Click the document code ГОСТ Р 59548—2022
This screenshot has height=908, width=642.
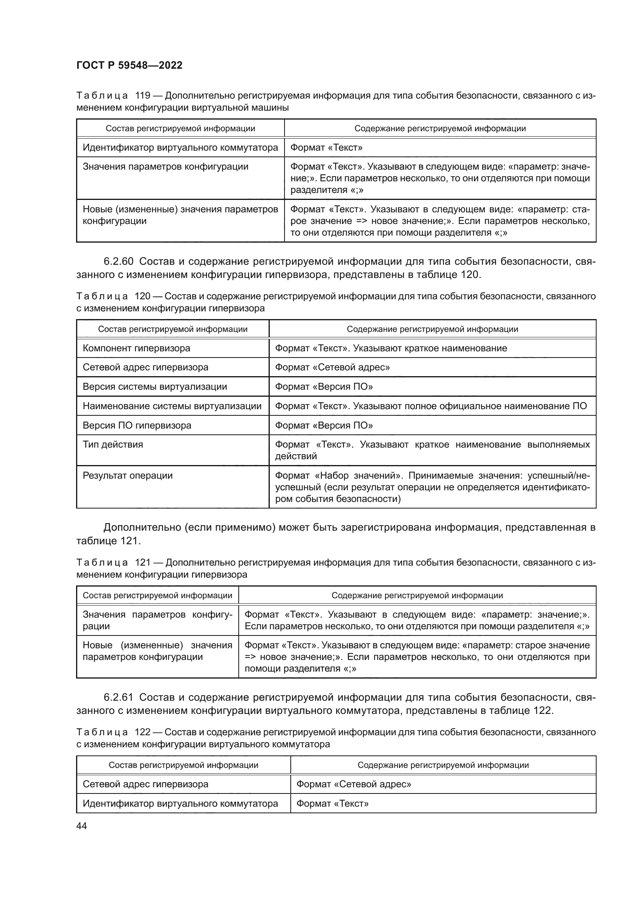(x=129, y=65)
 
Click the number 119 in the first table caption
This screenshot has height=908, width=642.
(x=143, y=96)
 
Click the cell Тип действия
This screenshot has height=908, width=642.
(x=113, y=444)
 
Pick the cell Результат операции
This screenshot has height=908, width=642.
(x=127, y=476)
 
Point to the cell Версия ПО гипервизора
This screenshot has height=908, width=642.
(x=137, y=425)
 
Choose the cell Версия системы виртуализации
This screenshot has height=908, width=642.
(x=154, y=386)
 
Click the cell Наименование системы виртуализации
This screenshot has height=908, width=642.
(x=172, y=406)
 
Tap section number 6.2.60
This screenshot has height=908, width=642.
(x=118, y=261)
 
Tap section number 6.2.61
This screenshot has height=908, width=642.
(x=118, y=697)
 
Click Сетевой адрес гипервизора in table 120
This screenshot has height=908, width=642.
(x=145, y=367)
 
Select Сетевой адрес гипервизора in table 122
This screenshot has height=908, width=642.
(x=145, y=784)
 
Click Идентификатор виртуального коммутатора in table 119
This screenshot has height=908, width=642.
(x=180, y=148)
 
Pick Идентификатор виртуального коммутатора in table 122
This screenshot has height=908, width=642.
(x=180, y=803)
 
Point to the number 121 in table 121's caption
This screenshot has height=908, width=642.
(x=143, y=563)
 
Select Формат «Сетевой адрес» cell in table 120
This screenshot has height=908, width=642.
(x=332, y=367)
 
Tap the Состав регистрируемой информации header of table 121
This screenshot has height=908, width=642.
(x=157, y=595)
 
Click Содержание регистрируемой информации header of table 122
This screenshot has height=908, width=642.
(x=443, y=765)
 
